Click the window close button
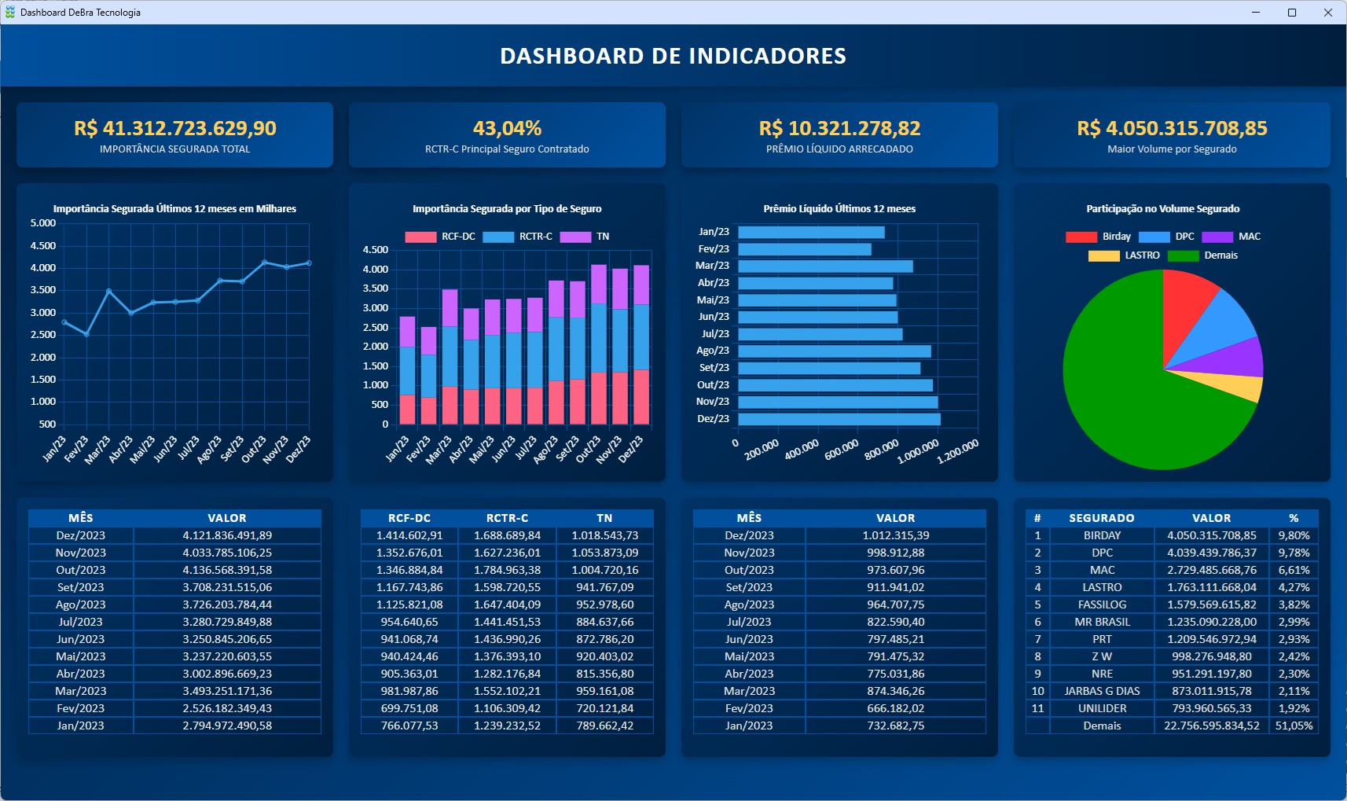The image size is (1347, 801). (x=1328, y=13)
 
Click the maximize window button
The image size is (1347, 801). (x=1292, y=13)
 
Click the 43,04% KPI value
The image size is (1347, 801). (x=507, y=128)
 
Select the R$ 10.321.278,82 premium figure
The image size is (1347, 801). (x=839, y=128)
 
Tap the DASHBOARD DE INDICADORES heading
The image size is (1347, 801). (x=673, y=56)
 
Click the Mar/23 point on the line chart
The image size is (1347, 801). (x=109, y=291)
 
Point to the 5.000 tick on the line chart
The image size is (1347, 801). (x=43, y=223)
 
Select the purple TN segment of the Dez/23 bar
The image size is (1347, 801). (x=641, y=285)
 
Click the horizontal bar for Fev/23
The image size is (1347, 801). (x=804, y=249)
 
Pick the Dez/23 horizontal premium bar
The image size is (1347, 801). (x=839, y=419)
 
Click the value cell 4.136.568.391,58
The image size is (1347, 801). (x=227, y=570)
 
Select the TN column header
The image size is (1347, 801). (x=604, y=518)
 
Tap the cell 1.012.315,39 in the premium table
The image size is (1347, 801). (x=895, y=535)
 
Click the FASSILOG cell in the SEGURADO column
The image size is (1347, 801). (x=1102, y=604)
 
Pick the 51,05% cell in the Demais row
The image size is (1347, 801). (x=1294, y=726)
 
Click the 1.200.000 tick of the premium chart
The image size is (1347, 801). (x=959, y=450)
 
